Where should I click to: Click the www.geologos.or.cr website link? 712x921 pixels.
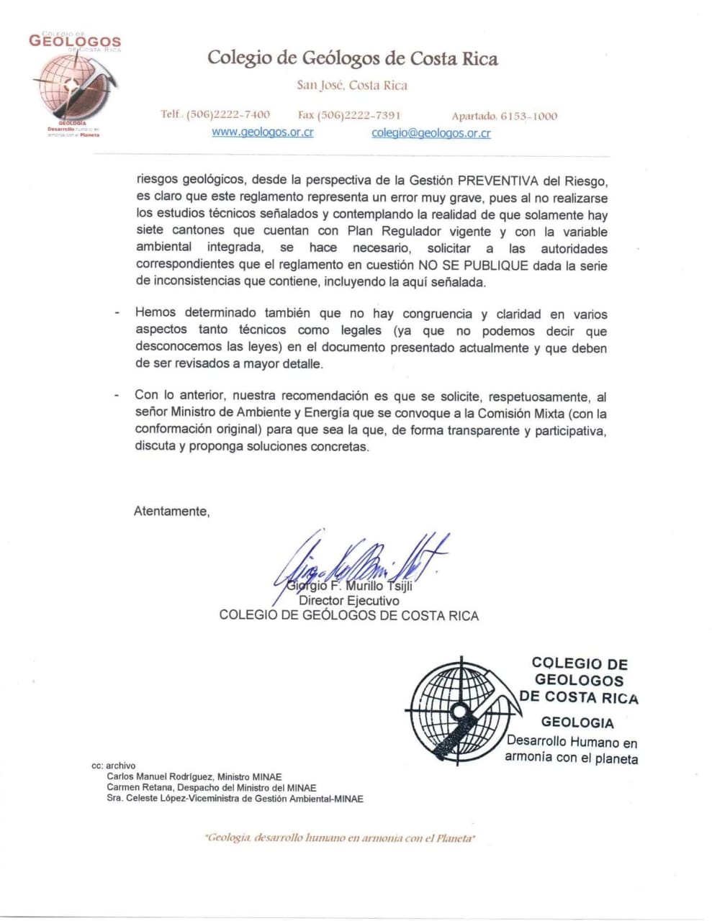click(x=262, y=133)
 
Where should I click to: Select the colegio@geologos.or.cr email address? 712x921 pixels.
click(x=431, y=133)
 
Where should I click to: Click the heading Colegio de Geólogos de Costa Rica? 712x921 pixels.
click(x=352, y=58)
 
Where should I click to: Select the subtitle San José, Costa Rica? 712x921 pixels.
click(x=352, y=86)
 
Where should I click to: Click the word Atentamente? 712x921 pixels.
click(x=171, y=512)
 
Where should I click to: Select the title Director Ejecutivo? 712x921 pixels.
click(x=348, y=601)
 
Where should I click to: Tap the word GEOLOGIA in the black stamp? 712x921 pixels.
click(x=577, y=722)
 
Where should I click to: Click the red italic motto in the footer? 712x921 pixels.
click(x=340, y=838)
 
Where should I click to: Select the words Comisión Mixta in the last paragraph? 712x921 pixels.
click(x=524, y=414)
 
